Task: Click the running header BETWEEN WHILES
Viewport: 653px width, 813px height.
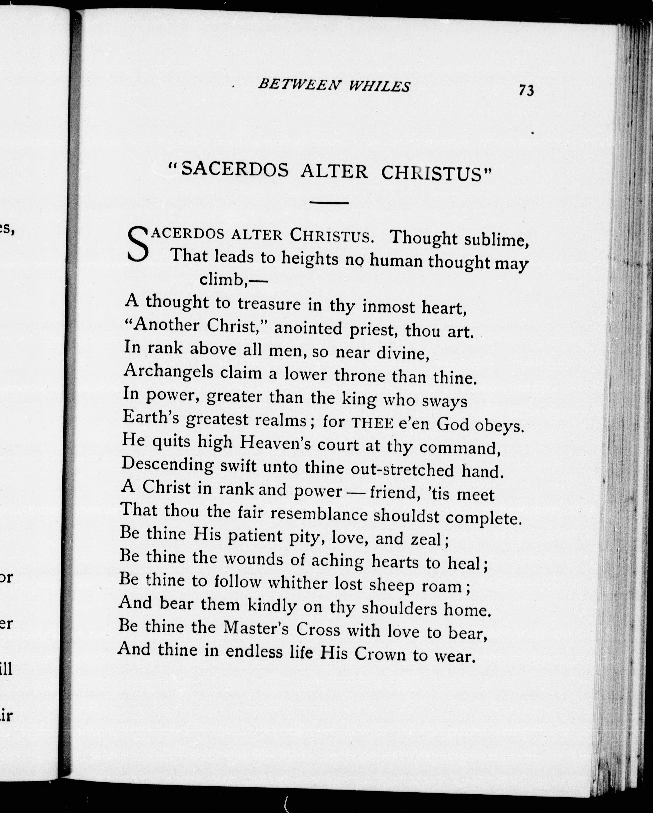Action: click(334, 86)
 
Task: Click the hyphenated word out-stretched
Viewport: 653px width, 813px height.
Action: click(402, 469)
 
